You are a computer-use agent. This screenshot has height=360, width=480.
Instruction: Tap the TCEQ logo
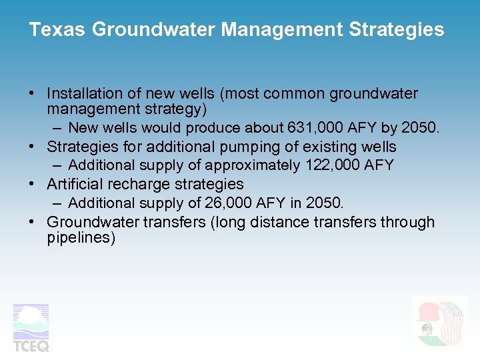(31, 327)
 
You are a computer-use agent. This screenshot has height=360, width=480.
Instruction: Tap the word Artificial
(75, 184)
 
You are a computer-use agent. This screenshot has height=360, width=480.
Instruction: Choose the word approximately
(253, 165)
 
